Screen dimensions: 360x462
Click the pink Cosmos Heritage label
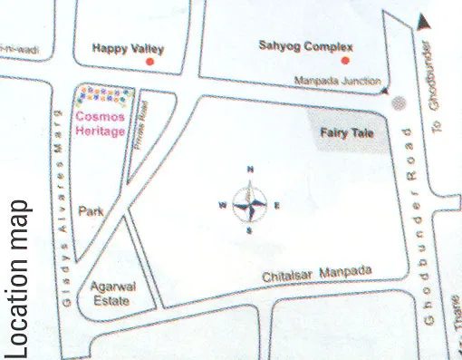(102, 124)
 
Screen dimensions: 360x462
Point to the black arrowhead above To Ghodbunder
(422, 17)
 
